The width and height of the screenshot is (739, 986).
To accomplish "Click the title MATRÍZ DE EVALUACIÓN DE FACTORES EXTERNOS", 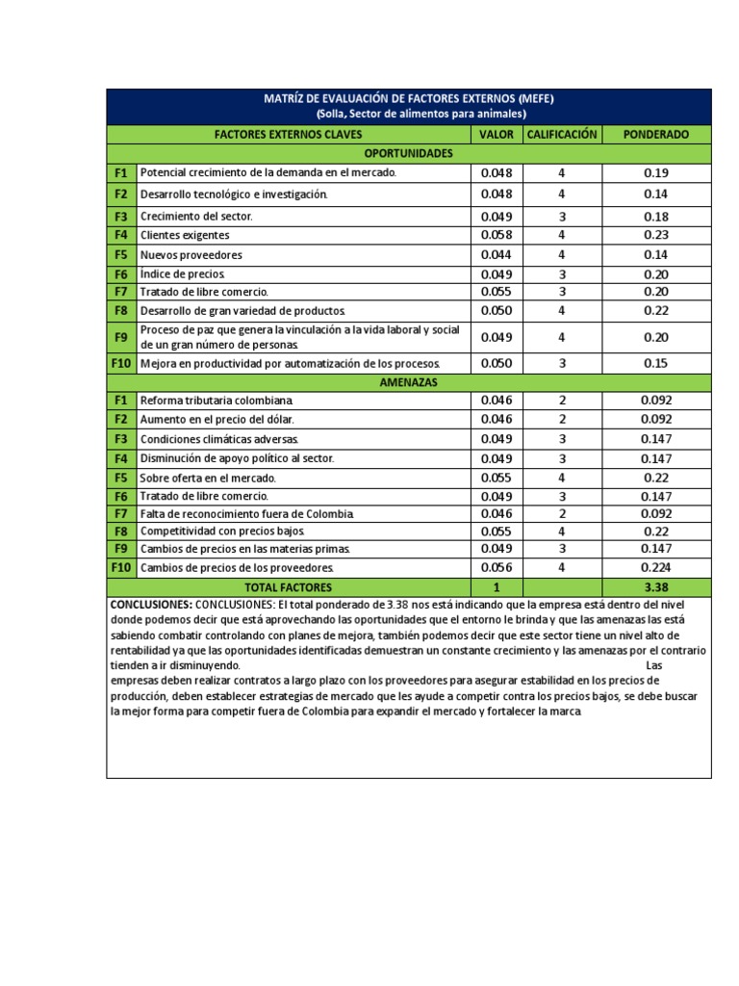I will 409,98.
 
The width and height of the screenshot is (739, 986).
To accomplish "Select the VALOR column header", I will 497,135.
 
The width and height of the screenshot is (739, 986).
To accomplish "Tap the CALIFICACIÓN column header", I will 562,135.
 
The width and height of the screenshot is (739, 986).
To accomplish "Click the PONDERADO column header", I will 656,135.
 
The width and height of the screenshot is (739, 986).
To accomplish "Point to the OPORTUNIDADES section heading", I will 409,153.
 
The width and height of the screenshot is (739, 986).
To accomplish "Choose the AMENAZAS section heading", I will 409,382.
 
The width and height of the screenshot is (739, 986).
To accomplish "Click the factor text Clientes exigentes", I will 185,235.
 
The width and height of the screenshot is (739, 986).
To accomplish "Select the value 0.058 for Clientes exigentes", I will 497,235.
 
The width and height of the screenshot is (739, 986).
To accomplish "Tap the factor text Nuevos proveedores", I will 191,255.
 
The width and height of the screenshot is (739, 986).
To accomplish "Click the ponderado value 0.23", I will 656,235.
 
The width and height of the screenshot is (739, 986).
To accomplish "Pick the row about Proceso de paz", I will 299,337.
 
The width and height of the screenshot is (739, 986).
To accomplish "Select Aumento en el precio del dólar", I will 217,420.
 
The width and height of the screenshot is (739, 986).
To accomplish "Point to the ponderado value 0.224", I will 656,568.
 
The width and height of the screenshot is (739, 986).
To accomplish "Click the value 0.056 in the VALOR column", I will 497,568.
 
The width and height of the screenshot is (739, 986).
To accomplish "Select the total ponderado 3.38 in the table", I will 656,587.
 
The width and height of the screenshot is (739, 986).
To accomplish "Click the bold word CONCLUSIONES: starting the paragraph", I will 151,605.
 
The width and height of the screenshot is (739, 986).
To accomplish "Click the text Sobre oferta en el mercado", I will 208,478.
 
